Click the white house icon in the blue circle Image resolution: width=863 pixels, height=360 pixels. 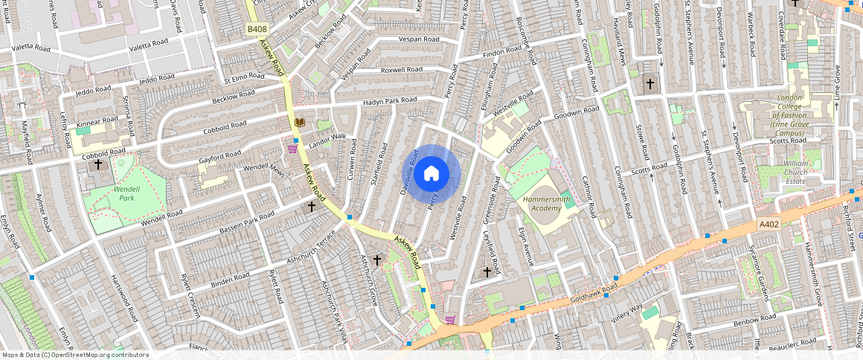pyautogui.click(x=431, y=174)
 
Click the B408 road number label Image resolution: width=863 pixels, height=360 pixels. pyautogui.click(x=257, y=29)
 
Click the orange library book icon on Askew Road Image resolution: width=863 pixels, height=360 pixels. pyautogui.click(x=299, y=122)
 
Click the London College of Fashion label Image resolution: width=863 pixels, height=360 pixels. pyautogui.click(x=789, y=115)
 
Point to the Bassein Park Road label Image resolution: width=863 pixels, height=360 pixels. pyautogui.click(x=247, y=222)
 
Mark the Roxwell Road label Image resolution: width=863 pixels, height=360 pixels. pyautogui.click(x=402, y=70)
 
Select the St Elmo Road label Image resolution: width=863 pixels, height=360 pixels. pyautogui.click(x=244, y=77)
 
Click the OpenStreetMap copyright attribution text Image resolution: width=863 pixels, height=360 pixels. pyautogui.click(x=75, y=355)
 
